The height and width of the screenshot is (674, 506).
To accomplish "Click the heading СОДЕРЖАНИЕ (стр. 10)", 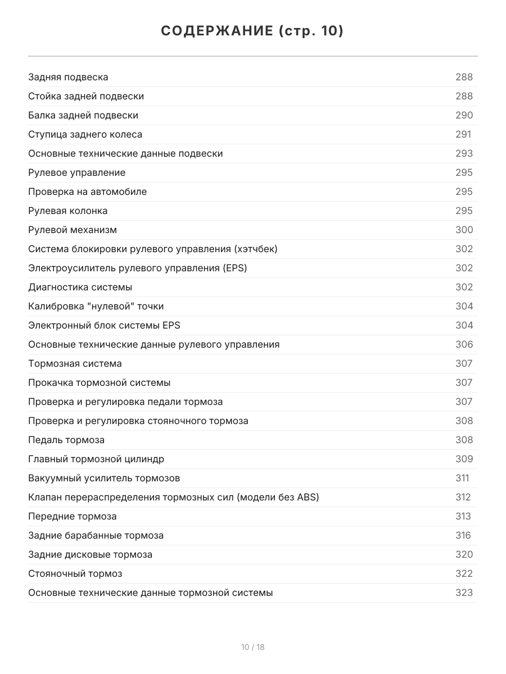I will pyautogui.click(x=252, y=31).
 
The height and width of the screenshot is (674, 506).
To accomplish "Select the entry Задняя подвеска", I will pyautogui.click(x=68, y=77).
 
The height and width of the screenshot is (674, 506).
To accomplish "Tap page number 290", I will pyautogui.click(x=464, y=115).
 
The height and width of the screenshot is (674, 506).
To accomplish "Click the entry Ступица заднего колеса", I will pyautogui.click(x=85, y=134).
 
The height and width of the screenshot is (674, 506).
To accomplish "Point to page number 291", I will pyautogui.click(x=463, y=134).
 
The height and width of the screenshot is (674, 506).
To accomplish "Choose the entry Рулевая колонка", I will pyautogui.click(x=67, y=211).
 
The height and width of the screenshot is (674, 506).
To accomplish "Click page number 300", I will pyautogui.click(x=464, y=230).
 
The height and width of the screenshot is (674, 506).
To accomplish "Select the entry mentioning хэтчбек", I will pyautogui.click(x=152, y=249).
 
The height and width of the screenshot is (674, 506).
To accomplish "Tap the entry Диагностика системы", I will pyautogui.click(x=80, y=287).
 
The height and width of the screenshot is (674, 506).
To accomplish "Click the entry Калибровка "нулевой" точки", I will pyautogui.click(x=96, y=306).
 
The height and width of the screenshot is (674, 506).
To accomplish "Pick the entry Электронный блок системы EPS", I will pyautogui.click(x=104, y=325).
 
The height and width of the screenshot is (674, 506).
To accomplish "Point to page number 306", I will pyautogui.click(x=464, y=344).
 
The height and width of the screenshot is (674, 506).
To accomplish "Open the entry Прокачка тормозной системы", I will pyautogui.click(x=99, y=382).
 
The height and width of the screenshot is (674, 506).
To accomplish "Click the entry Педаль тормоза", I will pyautogui.click(x=66, y=440).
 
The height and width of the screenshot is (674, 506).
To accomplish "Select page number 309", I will pyautogui.click(x=464, y=459).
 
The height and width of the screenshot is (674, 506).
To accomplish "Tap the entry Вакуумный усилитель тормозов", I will pyautogui.click(x=104, y=478).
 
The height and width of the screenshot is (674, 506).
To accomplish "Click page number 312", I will pyautogui.click(x=463, y=497).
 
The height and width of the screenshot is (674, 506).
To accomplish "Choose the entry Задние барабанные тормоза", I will pyautogui.click(x=96, y=535).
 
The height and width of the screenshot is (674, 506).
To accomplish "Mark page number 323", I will pyautogui.click(x=464, y=593).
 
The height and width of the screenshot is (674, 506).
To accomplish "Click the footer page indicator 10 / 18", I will pyautogui.click(x=252, y=647).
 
